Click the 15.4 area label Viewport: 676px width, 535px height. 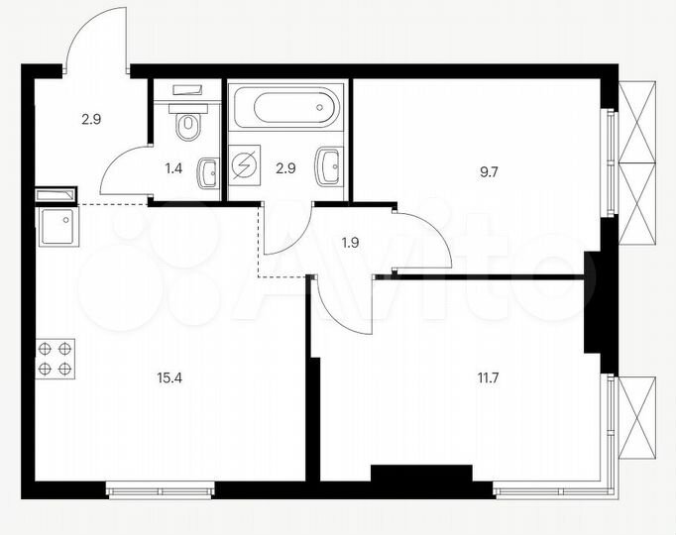coord(170,376)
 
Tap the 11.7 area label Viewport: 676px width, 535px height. coord(490,376)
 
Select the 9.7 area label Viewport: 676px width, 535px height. coord(490,170)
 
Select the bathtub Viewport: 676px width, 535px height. coord(287,106)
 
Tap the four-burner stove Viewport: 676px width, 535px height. coord(56,358)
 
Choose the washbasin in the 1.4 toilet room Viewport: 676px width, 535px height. coord(208,172)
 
